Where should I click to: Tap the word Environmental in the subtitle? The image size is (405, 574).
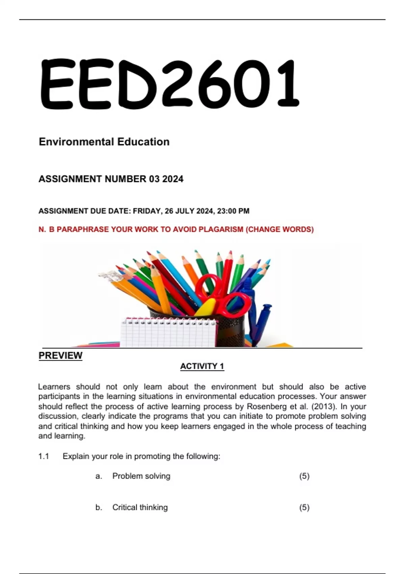click(x=77, y=142)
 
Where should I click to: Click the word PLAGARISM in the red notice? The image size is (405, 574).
click(x=221, y=230)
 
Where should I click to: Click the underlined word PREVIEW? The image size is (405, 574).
click(x=60, y=356)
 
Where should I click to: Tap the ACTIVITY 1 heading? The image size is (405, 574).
click(x=202, y=366)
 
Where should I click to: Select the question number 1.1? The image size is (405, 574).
click(x=44, y=456)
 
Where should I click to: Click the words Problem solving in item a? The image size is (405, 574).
click(x=141, y=476)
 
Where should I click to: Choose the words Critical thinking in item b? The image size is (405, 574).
click(x=140, y=507)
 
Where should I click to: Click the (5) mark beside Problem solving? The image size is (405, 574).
click(x=304, y=476)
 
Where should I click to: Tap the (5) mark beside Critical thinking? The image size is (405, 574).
click(x=304, y=507)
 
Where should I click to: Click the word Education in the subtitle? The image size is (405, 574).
click(x=143, y=142)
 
